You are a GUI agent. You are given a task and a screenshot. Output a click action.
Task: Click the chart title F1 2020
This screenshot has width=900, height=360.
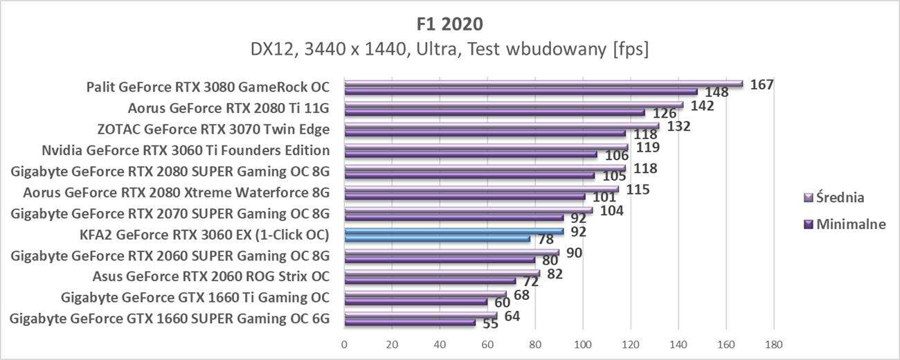(x=450, y=24)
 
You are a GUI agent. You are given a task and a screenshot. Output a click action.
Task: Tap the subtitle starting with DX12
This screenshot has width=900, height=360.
(x=450, y=50)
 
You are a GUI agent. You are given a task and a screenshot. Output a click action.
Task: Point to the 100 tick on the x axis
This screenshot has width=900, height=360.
(x=583, y=343)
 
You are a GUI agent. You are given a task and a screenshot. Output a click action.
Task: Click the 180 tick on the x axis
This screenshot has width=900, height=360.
(x=773, y=343)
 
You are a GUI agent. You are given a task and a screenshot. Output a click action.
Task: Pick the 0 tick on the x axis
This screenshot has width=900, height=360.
(x=344, y=343)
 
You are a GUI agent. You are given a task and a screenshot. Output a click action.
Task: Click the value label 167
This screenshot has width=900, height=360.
(x=762, y=84)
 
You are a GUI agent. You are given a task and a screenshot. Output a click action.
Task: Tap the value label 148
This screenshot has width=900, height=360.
(x=716, y=92)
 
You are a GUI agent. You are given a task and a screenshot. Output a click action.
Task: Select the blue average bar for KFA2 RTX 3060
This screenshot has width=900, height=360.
(x=453, y=231)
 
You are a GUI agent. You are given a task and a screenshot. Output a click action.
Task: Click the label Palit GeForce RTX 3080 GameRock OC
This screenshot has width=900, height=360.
(x=208, y=87)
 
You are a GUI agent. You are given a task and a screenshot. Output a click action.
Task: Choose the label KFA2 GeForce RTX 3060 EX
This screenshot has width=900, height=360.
(x=204, y=234)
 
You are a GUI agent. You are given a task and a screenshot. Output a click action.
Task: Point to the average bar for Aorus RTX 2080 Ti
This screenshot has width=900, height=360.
(x=512, y=105)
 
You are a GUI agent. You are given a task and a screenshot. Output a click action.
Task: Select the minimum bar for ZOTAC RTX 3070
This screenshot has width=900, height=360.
(x=485, y=134)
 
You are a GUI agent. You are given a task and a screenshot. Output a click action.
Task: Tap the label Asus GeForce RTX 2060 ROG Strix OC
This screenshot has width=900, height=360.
(x=210, y=277)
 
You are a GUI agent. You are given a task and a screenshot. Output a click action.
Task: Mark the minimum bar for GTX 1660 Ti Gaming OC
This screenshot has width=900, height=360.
(x=415, y=302)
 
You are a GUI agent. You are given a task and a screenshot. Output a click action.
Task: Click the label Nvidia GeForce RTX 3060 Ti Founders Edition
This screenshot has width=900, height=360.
(x=186, y=150)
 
